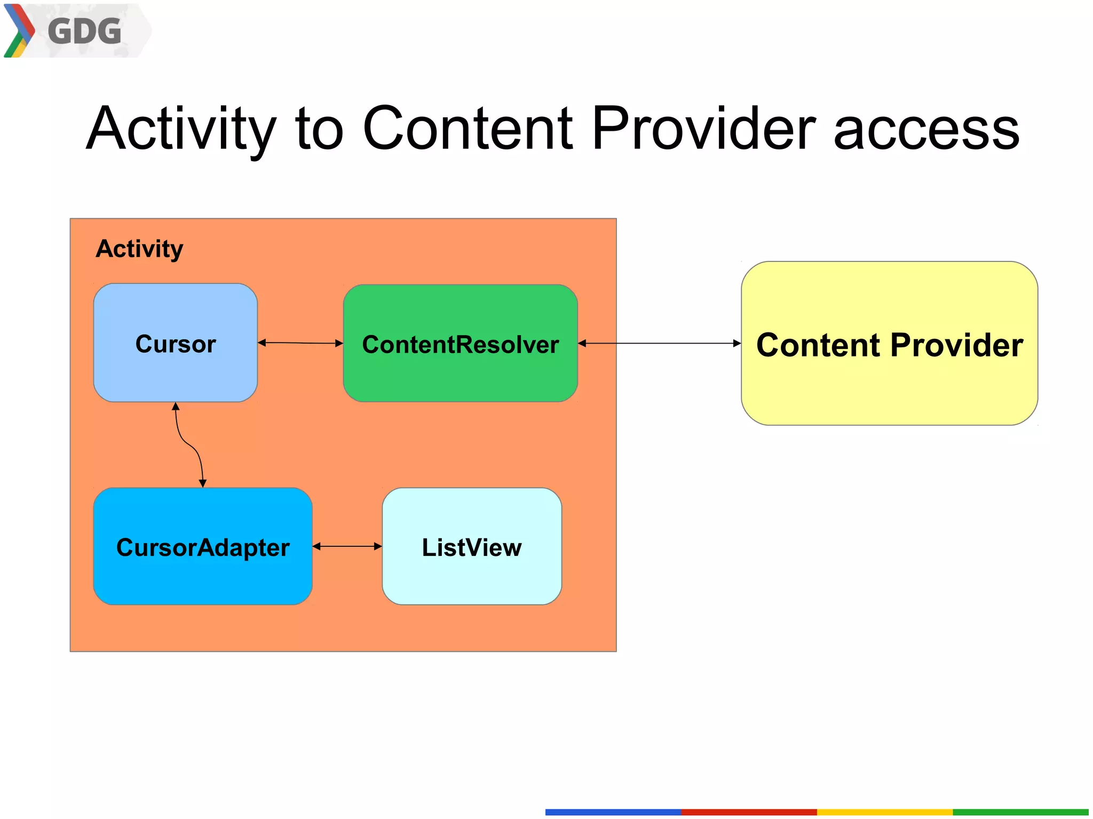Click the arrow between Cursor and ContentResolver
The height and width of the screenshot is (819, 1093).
pos(300,343)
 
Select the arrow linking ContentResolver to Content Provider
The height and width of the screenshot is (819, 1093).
pos(660,344)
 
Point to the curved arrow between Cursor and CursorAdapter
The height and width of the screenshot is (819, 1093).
pos(189,444)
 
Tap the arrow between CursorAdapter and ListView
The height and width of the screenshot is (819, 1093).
pos(347,546)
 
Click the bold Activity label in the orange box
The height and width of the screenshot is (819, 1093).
pos(139,249)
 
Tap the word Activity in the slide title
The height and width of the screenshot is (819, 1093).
pos(181,129)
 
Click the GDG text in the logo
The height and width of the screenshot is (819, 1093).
pos(84,31)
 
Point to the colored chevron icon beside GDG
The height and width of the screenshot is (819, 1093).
pos(19,30)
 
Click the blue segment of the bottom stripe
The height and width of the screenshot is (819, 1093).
pos(613,812)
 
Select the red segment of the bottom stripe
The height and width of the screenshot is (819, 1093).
pos(749,812)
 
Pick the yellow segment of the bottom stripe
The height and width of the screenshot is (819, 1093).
pos(885,812)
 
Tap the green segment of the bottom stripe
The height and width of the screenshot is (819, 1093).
pos(1020,812)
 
